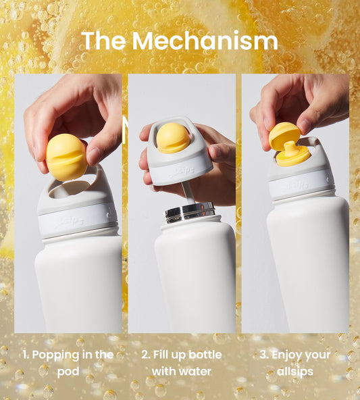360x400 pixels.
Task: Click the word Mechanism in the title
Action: [205, 41]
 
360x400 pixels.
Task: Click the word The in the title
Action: [103, 41]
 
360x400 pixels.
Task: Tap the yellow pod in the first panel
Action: [67, 157]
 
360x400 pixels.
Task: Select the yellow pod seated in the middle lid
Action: [173, 138]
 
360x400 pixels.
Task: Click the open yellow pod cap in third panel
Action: [284, 134]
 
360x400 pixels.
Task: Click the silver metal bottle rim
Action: [190, 212]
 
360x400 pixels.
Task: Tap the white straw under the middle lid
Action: [188, 193]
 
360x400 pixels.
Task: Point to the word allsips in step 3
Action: [295, 372]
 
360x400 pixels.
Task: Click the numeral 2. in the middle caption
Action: [146, 355]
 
